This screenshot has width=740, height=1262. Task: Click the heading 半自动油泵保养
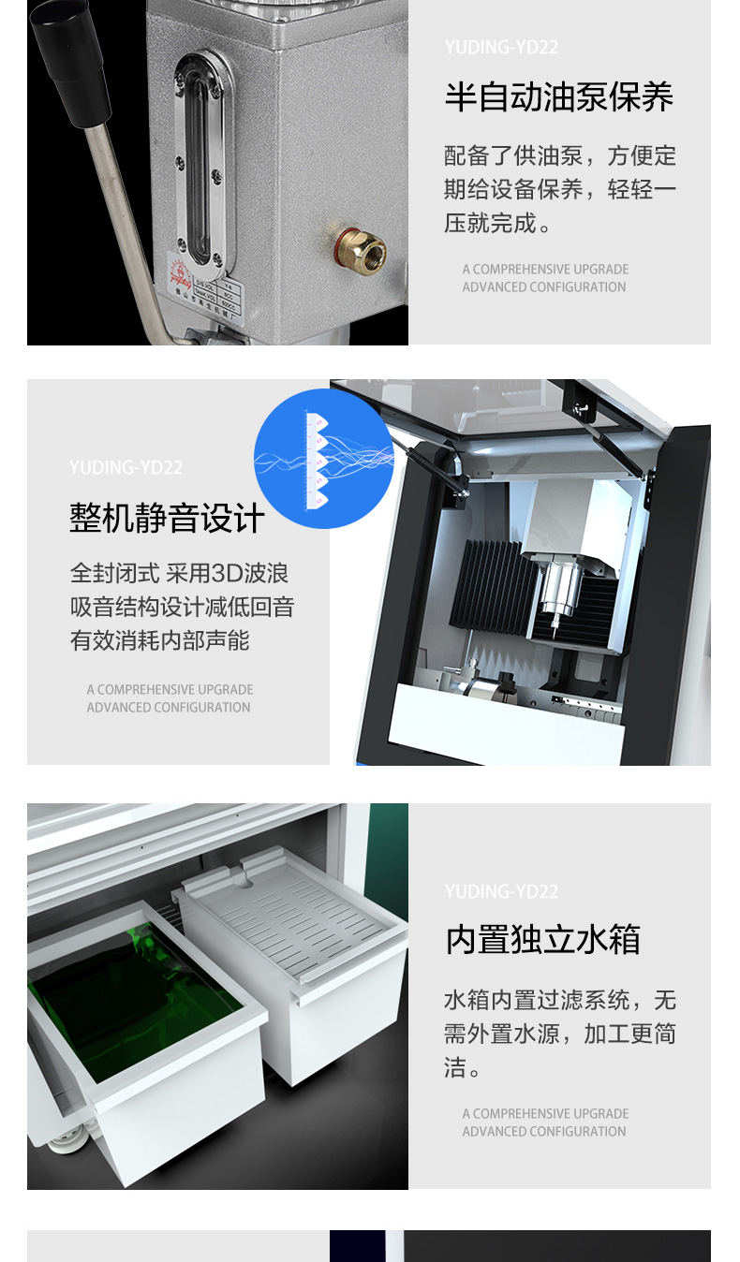(x=558, y=97)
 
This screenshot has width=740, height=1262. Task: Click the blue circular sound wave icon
(x=323, y=459)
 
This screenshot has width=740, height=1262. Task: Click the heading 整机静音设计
(x=167, y=518)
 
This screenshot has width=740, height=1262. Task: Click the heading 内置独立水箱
(x=542, y=940)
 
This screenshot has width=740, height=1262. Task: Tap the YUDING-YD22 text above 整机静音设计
(x=126, y=467)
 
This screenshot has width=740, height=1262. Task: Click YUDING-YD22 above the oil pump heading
(x=501, y=47)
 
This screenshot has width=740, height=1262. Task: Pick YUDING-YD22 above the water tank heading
(x=501, y=891)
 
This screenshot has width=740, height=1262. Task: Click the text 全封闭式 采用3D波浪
(x=179, y=573)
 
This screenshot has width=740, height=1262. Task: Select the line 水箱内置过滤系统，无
(x=559, y=1000)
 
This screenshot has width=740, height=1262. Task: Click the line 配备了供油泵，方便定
(x=559, y=155)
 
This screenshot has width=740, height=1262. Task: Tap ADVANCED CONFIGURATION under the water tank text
(x=543, y=1131)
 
